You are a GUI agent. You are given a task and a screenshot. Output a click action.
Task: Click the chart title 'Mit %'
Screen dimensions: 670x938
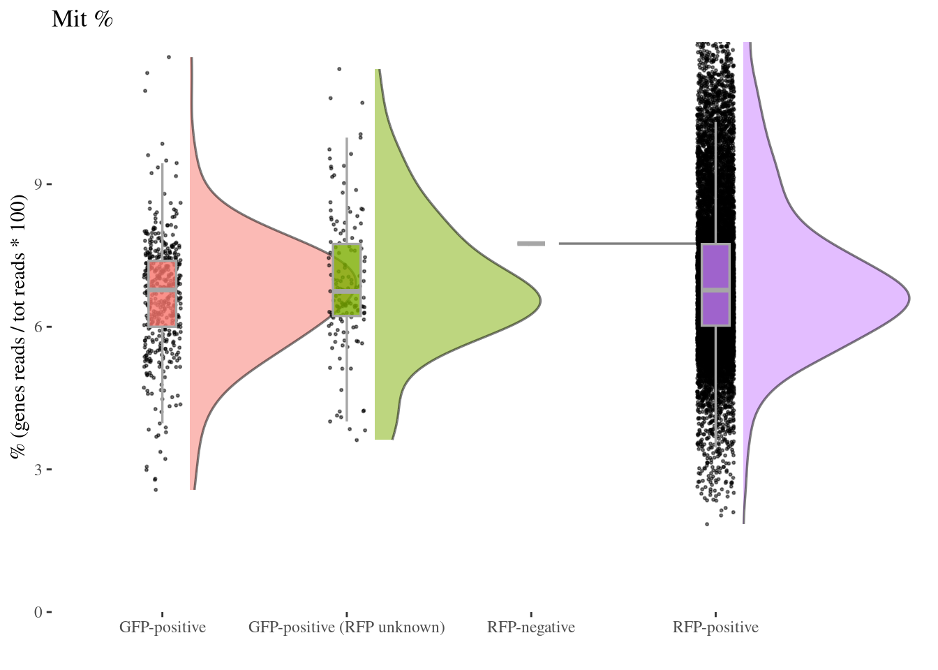[82, 20]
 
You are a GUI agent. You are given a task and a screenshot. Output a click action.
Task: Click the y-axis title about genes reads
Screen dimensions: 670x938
[19, 327]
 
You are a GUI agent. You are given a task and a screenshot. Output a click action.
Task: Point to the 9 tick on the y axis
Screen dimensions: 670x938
[38, 184]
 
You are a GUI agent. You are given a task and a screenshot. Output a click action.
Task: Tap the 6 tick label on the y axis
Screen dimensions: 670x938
[38, 327]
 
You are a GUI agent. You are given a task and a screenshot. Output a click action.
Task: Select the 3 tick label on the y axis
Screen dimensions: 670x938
[38, 469]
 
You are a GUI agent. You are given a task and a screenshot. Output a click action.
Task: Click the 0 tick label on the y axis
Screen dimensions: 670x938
[38, 612]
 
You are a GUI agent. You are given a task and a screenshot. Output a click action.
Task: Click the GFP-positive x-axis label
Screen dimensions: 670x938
[163, 627]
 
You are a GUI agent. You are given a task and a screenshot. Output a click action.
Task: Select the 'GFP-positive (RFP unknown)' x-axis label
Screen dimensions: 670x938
[346, 627]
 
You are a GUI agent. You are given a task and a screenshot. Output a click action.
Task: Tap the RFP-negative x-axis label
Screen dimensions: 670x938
[531, 627]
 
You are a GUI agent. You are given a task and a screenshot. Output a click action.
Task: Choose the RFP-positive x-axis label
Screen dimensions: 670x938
[715, 627]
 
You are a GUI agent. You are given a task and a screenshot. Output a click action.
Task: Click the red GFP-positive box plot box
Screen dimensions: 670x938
[163, 307]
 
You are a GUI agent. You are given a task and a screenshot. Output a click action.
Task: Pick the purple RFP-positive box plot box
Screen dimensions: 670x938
[715, 307]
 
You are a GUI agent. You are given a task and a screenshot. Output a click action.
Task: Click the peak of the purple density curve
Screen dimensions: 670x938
[907, 299]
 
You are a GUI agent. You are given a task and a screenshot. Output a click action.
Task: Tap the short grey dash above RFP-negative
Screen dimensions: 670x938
[531, 244]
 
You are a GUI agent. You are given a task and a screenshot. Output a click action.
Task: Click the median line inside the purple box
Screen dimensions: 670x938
[715, 290]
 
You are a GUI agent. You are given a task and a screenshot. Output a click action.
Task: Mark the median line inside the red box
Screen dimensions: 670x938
[163, 289]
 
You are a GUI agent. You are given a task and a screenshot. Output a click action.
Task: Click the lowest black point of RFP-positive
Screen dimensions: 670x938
[707, 524]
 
